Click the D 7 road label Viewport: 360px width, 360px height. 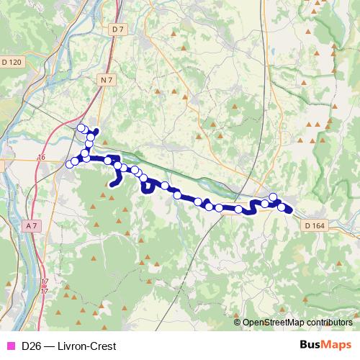(x=119, y=29)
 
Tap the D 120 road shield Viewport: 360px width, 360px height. (x=12, y=63)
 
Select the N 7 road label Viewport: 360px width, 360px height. (x=107, y=78)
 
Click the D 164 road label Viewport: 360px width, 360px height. (x=315, y=225)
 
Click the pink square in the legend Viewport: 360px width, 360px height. (x=9, y=346)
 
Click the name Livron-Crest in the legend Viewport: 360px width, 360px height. (x=86, y=346)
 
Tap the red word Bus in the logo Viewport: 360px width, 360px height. (x=310, y=346)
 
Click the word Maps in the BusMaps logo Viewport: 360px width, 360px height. (x=336, y=346)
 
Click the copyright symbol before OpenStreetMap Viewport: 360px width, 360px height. (x=238, y=323)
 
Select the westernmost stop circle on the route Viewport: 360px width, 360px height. (x=70, y=165)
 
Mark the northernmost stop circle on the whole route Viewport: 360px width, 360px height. (x=81, y=128)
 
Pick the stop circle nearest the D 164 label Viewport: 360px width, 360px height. (x=282, y=208)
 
